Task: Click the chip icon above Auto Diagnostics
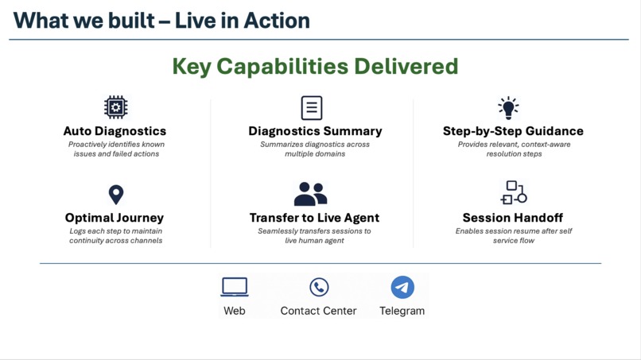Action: pos(115,107)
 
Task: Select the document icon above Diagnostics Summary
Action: pos(312,107)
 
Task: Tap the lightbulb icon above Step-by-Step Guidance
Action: pos(508,107)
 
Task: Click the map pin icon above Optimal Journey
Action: pos(116,194)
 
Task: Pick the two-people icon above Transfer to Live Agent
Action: pos(310,194)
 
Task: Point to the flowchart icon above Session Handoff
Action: pos(514,193)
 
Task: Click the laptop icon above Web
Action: pos(235,287)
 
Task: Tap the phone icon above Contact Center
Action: pos(319,287)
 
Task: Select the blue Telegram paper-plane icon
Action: pos(402,287)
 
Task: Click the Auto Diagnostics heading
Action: pos(115,131)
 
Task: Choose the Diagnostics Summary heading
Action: pos(315,131)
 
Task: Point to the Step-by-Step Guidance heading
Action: pos(513,131)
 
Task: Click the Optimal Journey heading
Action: pos(115,218)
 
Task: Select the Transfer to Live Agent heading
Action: pos(314,218)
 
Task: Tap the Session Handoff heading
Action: pos(513,218)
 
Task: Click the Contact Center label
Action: pos(318,311)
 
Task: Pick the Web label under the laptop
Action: pos(235,311)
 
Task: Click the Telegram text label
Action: pos(402,311)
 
